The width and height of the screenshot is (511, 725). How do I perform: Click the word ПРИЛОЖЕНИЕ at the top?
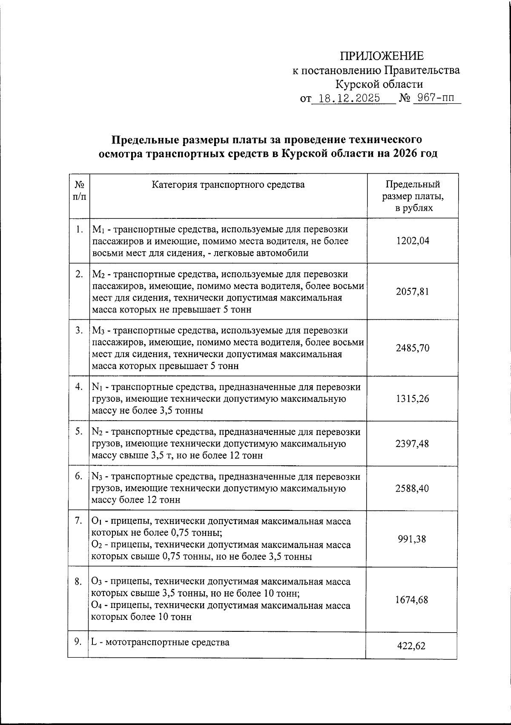point(382,56)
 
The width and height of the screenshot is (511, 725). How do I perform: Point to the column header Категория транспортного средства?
point(228,185)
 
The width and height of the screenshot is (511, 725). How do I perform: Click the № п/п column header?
point(79,191)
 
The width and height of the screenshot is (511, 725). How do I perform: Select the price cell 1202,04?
point(412,241)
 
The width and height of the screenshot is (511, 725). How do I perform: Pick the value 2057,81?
point(412,292)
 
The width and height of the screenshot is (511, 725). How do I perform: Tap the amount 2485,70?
point(412,348)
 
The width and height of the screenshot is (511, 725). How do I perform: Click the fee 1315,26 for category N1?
point(412,398)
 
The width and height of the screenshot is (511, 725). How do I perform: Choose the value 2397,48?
point(412,444)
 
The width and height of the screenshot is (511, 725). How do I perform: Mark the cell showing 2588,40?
point(412,488)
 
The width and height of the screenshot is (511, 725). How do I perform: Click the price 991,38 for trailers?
point(412,539)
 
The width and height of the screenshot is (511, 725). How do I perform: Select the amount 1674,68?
point(412,600)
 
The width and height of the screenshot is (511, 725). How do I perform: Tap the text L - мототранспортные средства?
point(161,642)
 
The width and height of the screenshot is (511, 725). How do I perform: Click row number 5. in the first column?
point(79,431)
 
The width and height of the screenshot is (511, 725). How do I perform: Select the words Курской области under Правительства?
point(379,84)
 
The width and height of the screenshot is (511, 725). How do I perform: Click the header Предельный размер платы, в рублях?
point(412,196)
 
